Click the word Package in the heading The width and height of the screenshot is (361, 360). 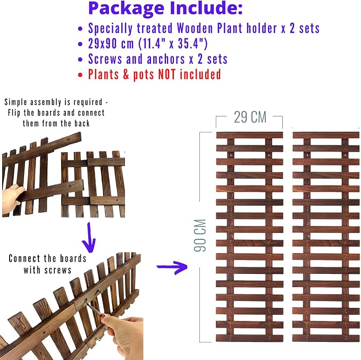tap(126, 9)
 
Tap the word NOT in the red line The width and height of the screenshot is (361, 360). tap(167, 74)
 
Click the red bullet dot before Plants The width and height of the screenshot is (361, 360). tap(80, 75)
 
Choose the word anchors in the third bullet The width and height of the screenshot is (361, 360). tap(166, 59)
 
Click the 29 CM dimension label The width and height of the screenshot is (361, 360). tap(250, 117)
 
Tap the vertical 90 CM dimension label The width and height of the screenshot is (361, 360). tap(200, 235)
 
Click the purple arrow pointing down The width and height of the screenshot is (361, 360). tap(89, 237)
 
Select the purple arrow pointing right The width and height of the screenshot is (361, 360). tap(172, 267)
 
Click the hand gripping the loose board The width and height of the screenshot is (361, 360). tap(12, 198)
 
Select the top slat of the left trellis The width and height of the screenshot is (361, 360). tap(249, 135)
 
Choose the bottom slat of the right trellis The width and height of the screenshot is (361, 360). tap(326, 338)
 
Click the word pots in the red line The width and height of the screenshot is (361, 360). tap(144, 75)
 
